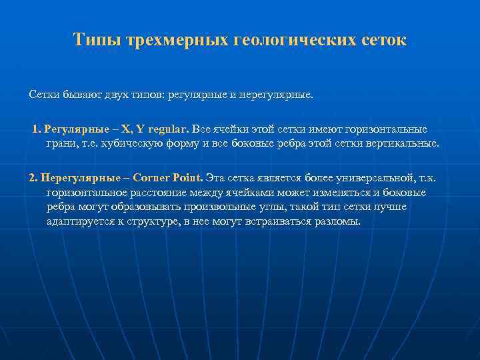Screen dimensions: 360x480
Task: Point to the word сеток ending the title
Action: [383, 41]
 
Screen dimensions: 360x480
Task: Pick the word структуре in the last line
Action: [157, 221]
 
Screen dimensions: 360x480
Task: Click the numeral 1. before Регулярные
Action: [37, 129]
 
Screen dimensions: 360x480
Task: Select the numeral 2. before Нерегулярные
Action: [33, 178]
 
